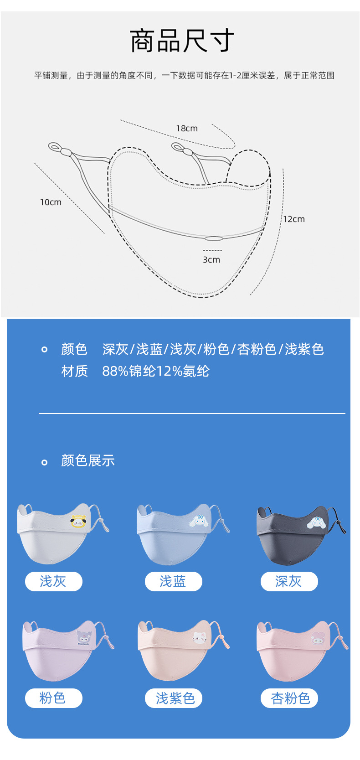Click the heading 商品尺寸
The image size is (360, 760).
click(x=182, y=41)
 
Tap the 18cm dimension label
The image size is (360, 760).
click(x=187, y=129)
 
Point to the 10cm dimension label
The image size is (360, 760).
click(x=51, y=202)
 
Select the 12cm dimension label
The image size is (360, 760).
click(x=294, y=219)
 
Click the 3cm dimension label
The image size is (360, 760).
click(x=211, y=260)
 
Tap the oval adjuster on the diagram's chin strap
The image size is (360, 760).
click(x=213, y=238)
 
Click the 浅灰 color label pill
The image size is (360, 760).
click(x=53, y=581)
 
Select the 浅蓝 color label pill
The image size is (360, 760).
click(x=173, y=581)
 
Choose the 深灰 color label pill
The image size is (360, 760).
click(x=289, y=581)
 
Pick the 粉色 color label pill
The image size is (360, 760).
click(x=53, y=698)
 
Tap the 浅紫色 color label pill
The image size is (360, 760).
click(x=173, y=698)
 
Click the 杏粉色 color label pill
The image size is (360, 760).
click(x=289, y=698)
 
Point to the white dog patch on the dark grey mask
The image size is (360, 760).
click(x=316, y=522)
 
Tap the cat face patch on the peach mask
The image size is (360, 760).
click(x=199, y=637)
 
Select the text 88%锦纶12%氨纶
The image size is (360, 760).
click(x=156, y=371)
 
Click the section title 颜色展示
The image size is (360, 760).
click(x=88, y=461)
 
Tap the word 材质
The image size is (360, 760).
click(x=74, y=371)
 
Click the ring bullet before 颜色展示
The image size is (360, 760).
click(x=44, y=462)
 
